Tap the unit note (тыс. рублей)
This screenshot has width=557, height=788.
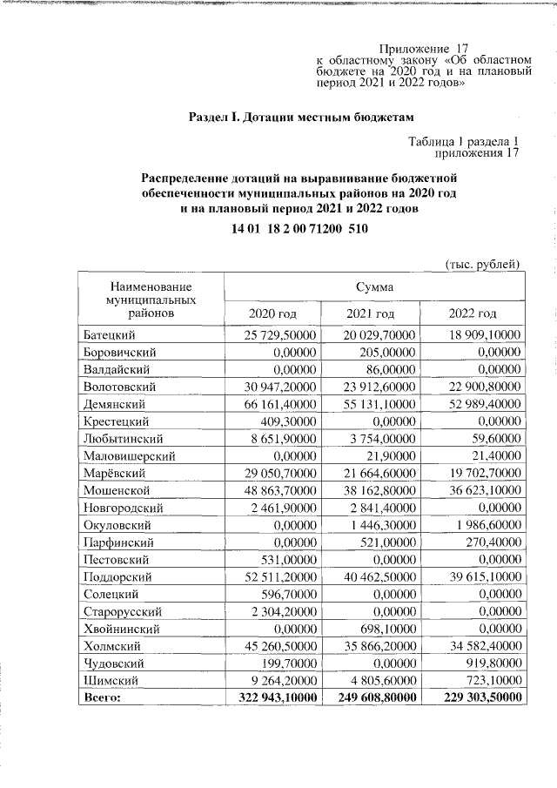(482, 264)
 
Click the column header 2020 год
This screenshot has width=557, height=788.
(272, 313)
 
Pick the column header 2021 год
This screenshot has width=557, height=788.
(372, 313)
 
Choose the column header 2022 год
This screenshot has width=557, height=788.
(471, 313)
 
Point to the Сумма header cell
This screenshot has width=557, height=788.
(372, 286)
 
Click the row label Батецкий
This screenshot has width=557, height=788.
(110, 335)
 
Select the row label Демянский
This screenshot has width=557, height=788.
(114, 404)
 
